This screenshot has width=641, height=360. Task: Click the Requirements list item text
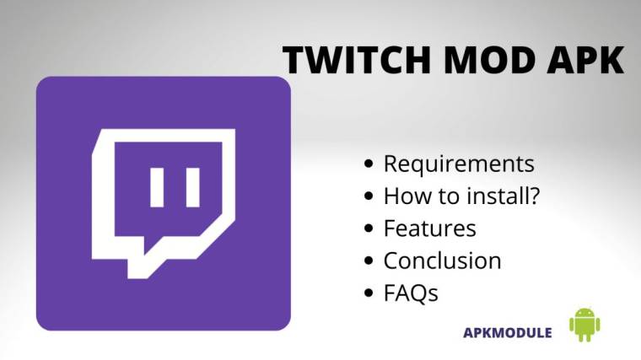459,164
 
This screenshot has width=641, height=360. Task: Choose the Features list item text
429,228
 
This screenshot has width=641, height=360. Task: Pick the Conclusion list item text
442,261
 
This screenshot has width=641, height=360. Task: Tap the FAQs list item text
411,293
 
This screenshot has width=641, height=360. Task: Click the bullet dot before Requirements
369,164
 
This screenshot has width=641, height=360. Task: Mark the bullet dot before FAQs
369,294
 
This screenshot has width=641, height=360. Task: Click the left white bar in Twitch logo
155,187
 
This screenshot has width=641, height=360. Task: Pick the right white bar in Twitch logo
193,187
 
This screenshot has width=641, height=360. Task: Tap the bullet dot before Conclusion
369,261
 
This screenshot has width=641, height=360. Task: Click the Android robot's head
584,313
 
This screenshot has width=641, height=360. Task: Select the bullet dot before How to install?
369,196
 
